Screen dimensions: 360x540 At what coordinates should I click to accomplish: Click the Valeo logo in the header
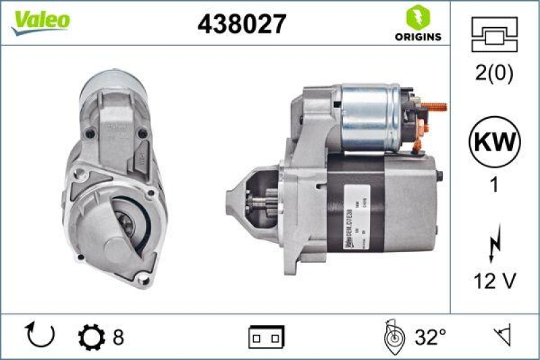[40, 20]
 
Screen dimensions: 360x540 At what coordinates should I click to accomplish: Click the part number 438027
[241, 24]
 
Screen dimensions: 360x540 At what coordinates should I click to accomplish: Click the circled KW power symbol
[495, 143]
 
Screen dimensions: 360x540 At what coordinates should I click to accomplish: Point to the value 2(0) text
[495, 74]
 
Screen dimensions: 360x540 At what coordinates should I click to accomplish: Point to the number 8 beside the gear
[118, 336]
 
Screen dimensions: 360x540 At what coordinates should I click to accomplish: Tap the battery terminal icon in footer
[266, 336]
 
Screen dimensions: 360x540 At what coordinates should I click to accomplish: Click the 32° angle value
[430, 336]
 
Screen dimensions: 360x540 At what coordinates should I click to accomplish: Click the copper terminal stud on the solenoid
[436, 106]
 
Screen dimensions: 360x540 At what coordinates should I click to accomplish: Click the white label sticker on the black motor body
[350, 223]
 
